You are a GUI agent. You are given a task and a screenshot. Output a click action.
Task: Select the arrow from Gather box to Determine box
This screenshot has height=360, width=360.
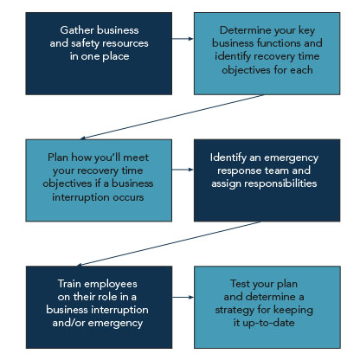pos(183,39)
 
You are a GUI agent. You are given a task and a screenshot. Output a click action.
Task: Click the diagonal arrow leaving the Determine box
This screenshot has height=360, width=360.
pos(172,117)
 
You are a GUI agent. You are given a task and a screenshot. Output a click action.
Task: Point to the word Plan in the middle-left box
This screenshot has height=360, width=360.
pos(58,157)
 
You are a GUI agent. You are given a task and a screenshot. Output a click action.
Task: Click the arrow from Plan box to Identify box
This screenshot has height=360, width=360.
pos(183,170)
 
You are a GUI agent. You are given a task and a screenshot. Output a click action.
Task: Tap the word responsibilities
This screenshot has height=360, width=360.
pos(280,183)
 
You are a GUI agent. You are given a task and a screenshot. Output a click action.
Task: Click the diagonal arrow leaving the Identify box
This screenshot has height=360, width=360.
pos(169,243)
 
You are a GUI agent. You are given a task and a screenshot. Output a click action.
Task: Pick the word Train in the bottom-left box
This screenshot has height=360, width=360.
pos(69,284)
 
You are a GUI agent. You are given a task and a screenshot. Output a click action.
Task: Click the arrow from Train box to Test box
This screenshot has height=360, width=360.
pos(183,297)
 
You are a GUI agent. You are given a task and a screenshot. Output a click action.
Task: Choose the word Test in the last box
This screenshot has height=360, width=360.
pos(240,284)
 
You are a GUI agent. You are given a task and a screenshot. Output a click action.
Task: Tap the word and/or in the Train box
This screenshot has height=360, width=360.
pos(68,323)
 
